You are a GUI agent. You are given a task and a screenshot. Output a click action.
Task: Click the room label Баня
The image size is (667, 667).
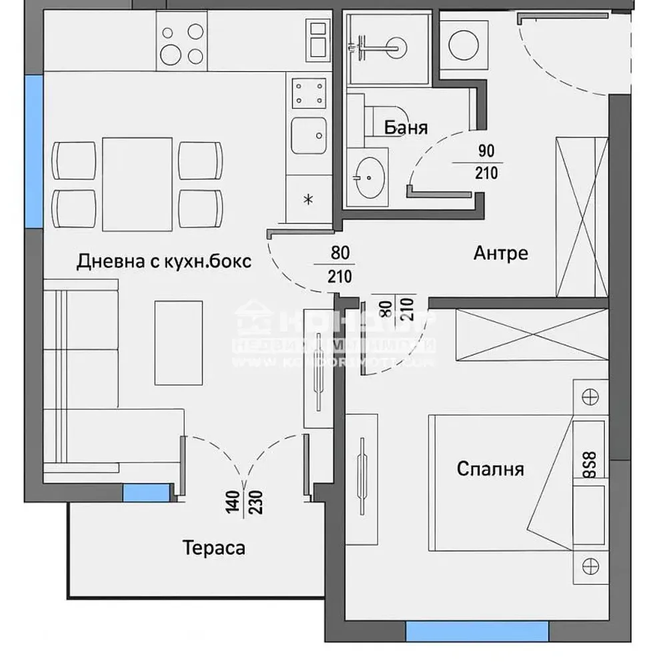tap(406, 127)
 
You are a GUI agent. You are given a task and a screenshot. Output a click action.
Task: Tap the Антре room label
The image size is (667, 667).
tap(500, 253)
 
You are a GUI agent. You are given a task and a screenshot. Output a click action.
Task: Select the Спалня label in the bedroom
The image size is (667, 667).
tap(490, 469)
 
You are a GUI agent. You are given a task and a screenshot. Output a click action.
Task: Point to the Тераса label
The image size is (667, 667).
tap(213, 548)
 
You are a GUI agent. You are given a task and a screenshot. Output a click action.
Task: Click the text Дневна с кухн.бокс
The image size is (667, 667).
tap(164, 261)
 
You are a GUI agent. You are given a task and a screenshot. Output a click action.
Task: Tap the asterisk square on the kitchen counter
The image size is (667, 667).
tap(307, 199)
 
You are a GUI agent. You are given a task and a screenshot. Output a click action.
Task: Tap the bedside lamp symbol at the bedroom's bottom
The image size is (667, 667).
tap(589, 566)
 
